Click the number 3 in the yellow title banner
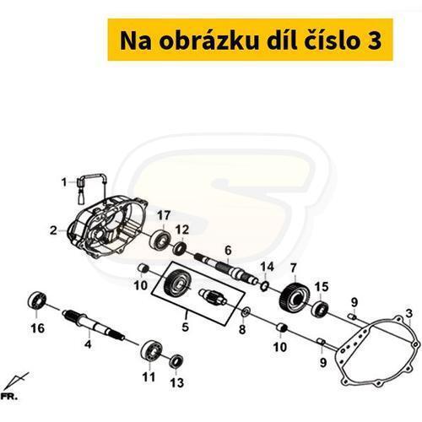(374, 41)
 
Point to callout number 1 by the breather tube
(64, 182)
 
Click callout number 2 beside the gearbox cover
(53, 230)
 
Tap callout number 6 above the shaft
(228, 250)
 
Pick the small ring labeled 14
(264, 287)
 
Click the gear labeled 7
(295, 297)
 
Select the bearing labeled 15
(321, 309)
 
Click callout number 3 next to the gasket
(409, 313)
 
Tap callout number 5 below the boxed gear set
(185, 327)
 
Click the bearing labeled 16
(37, 300)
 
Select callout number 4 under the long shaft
(88, 344)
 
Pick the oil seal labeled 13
(176, 361)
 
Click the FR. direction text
(9, 397)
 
